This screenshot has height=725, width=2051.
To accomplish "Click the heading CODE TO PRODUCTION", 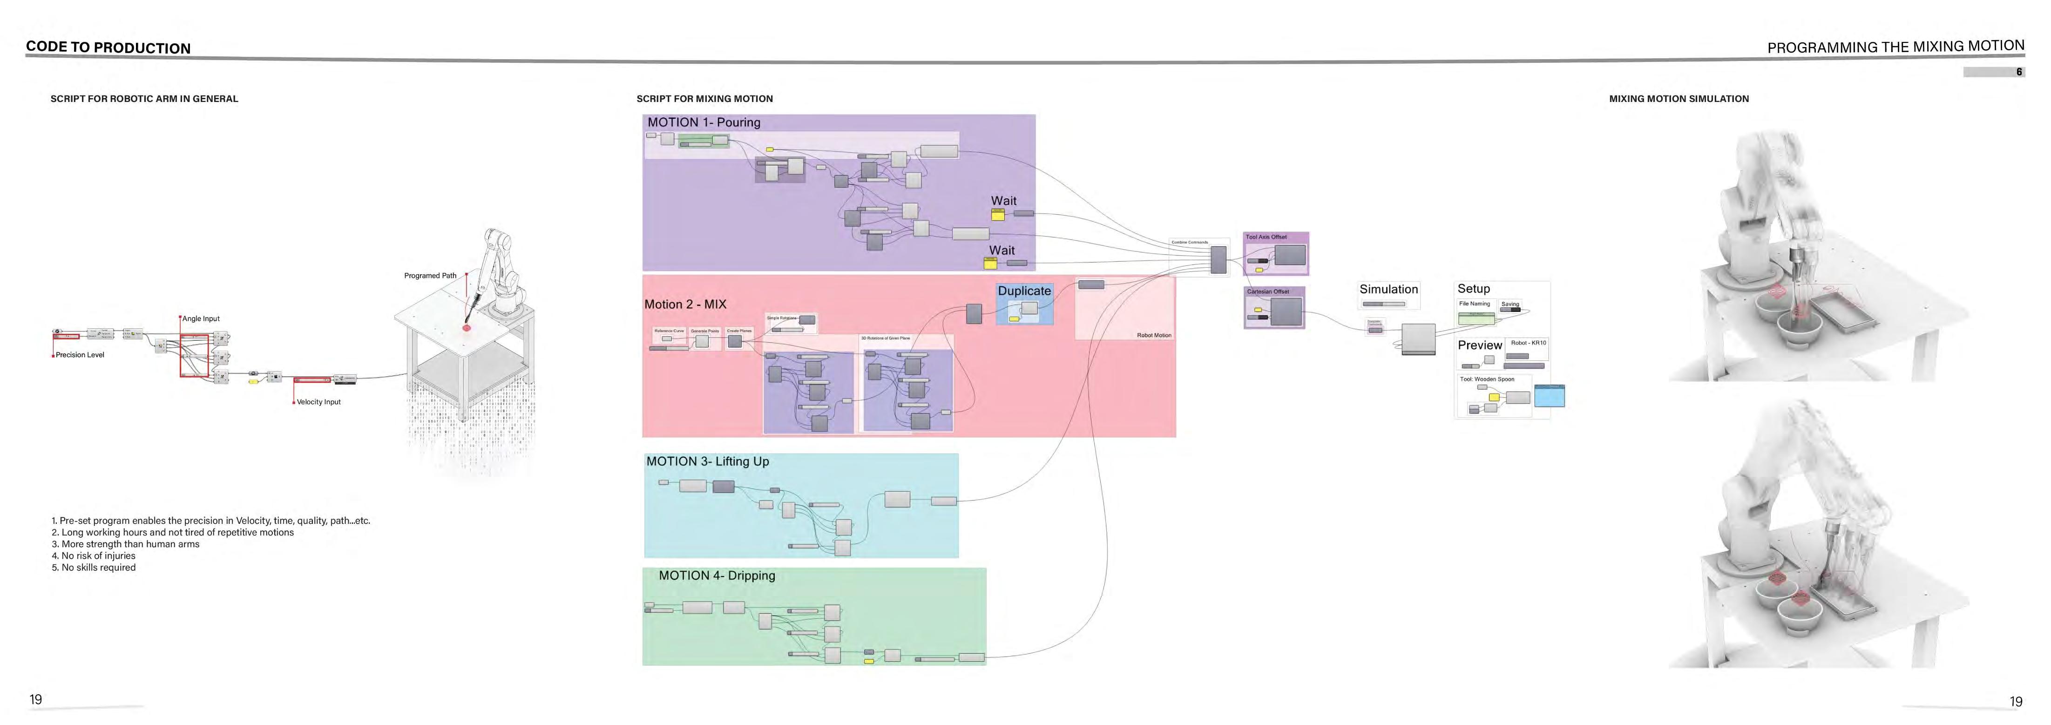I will tap(108, 48).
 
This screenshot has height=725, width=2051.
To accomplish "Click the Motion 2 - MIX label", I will tap(685, 304).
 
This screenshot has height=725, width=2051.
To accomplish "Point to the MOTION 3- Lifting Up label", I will tap(707, 461).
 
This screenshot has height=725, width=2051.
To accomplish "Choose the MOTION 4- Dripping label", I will tap(717, 576).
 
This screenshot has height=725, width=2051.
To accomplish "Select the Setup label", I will tap(1473, 289).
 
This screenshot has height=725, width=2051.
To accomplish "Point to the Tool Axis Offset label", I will tap(1266, 237).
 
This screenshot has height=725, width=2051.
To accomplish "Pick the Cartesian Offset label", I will tap(1267, 292).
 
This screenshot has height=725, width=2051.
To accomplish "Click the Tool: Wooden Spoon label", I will tap(1487, 379).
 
